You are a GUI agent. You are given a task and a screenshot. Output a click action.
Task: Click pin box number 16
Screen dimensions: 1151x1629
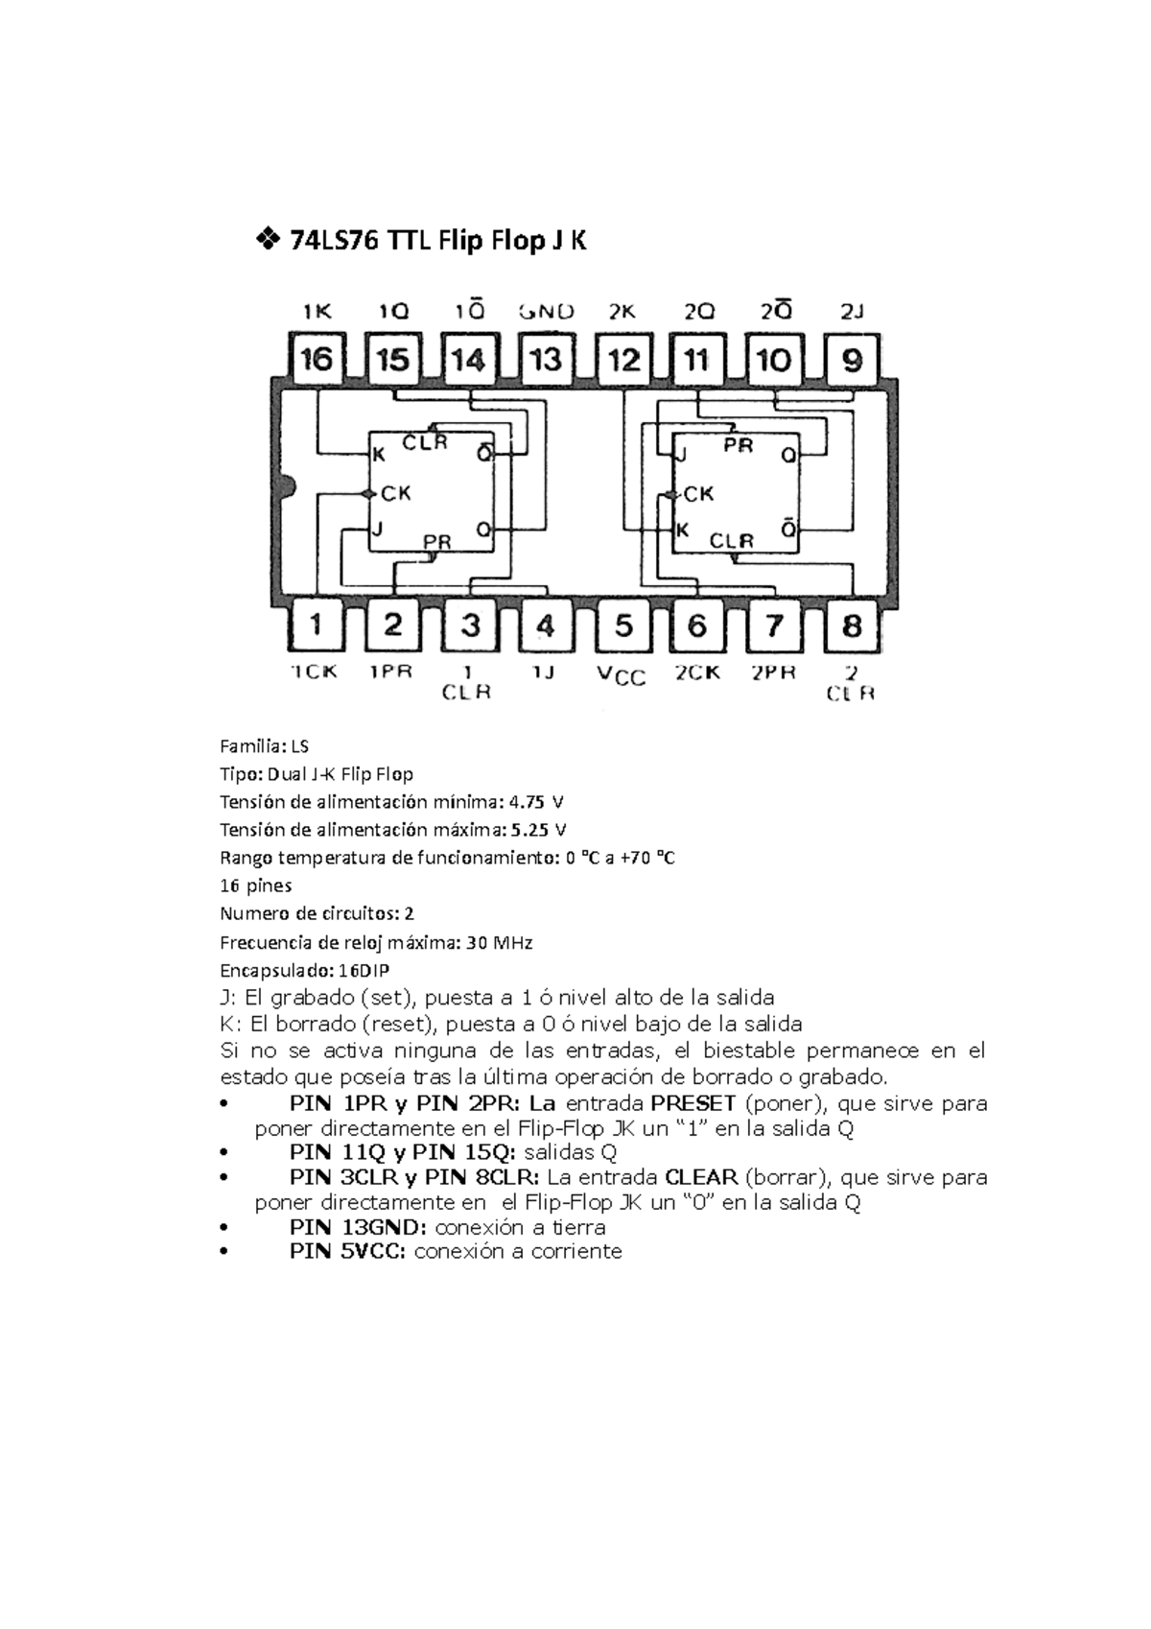coord(317,360)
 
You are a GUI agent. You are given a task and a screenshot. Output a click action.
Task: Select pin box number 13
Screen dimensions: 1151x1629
coord(546,360)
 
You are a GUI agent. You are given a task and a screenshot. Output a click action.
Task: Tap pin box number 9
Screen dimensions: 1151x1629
coord(852,360)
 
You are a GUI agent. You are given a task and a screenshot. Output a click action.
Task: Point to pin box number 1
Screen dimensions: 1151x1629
coord(317,626)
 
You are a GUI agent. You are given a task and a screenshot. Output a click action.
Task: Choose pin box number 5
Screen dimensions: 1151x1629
coord(623,626)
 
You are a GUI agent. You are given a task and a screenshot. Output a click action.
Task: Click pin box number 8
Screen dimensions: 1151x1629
coord(852,626)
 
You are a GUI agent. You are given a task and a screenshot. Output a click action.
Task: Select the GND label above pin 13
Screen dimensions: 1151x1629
coord(546,311)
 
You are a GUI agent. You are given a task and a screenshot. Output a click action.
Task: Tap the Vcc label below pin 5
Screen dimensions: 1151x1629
coord(622,676)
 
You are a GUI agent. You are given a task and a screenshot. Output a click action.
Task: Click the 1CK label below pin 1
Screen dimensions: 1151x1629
coord(315,672)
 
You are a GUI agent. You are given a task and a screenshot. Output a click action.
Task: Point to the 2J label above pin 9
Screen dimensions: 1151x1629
coord(852,311)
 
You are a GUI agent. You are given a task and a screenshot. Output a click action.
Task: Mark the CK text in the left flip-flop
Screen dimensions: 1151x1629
coord(396,493)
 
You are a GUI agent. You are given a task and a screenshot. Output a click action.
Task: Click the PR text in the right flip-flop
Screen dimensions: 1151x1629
coord(738,446)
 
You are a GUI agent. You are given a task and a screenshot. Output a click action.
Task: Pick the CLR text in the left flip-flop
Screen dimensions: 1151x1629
coord(425,442)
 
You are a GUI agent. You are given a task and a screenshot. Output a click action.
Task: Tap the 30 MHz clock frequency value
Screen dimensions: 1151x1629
coord(499,942)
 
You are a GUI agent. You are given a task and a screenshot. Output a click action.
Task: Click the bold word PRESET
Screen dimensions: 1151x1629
coord(693,1103)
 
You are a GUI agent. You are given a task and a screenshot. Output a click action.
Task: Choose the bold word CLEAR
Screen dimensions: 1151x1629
coord(701,1177)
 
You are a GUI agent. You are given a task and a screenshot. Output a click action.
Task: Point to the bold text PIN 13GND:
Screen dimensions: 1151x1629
coord(360,1227)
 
